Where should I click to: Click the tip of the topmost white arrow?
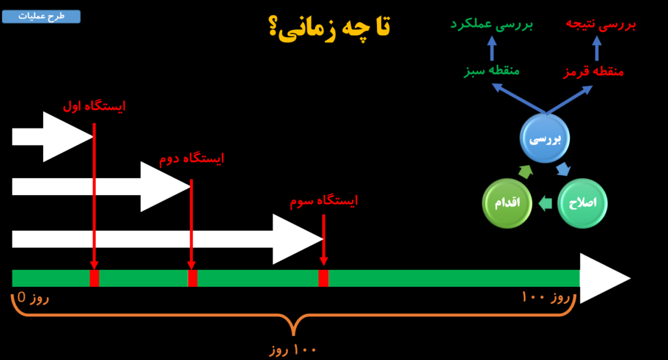[93, 137]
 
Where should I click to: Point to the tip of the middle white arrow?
[190, 187]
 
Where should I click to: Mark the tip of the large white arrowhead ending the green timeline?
[631, 278]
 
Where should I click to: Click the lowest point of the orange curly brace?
[294, 335]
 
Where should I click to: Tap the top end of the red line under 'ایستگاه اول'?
[94, 123]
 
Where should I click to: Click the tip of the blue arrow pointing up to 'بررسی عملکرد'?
[492, 36]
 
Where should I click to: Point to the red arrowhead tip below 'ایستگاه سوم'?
[324, 265]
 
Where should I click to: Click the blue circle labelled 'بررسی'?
[545, 138]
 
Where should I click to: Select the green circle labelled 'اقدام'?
[507, 203]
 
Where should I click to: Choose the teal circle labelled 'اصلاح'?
[583, 203]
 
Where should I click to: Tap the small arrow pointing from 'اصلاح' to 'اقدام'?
[545, 203]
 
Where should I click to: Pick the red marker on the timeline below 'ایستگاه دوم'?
[192, 278]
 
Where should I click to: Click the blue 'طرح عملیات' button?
[41, 16]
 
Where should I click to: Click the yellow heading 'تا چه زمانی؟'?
[329, 27]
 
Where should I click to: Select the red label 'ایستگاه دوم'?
[192, 158]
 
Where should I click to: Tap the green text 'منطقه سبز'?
[492, 70]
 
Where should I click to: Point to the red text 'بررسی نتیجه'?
[601, 24]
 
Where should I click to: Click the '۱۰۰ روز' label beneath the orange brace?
[293, 350]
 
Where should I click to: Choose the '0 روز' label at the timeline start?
[33, 297]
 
